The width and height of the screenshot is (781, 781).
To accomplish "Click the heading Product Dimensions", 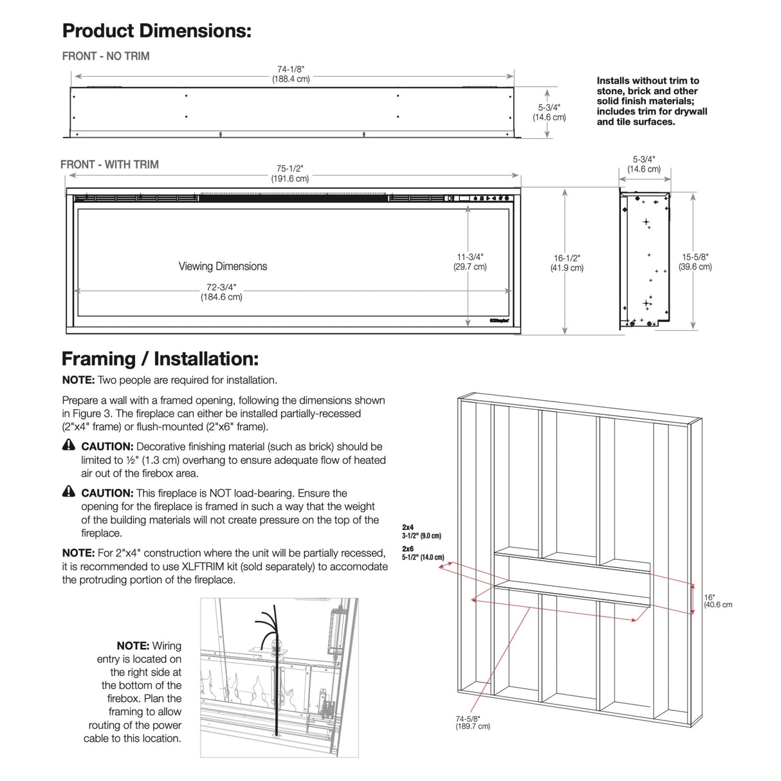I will tap(156, 31).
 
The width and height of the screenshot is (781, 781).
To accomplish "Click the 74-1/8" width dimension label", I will tap(291, 74).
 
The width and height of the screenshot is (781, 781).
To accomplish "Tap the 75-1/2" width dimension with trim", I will tap(290, 174).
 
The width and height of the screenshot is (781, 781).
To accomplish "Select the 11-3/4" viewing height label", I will tap(470, 261).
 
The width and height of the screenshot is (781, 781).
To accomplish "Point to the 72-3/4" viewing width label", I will tap(221, 292).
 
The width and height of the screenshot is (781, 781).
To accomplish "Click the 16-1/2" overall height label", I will tap(567, 262).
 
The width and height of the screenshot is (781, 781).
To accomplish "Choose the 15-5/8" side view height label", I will tap(695, 261).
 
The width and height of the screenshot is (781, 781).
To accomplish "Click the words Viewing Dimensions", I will tap(223, 266).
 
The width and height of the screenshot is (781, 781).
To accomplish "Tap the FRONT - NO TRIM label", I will tap(106, 57).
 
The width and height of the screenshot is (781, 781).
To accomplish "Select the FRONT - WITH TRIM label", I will tap(109, 165).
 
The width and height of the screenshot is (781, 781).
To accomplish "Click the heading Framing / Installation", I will tap(160, 359).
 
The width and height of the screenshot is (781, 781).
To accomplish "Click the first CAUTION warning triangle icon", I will tap(69, 445).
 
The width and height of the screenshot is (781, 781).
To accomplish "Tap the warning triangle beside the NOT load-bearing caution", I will tap(69, 492).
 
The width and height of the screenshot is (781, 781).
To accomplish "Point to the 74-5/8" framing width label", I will tap(473, 722).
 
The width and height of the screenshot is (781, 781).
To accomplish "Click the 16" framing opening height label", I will tap(717, 601).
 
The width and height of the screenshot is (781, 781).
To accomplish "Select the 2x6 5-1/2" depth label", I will tap(423, 553).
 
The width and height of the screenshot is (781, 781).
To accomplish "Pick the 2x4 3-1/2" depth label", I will tap(421, 531).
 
